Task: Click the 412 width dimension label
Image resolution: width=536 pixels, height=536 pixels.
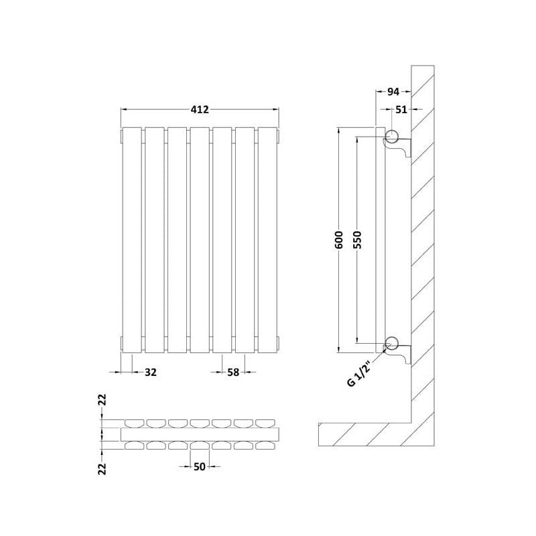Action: click(200, 109)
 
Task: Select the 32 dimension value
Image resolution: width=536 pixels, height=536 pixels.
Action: click(150, 372)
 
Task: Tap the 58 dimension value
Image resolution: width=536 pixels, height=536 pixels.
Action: click(233, 372)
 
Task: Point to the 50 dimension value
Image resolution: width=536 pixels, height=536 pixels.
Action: click(199, 466)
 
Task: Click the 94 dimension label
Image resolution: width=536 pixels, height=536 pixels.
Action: click(393, 92)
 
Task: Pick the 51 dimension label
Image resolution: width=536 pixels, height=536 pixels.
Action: click(401, 109)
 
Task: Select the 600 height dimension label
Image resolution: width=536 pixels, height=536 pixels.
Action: click(338, 240)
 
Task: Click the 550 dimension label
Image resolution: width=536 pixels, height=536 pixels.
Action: click(356, 240)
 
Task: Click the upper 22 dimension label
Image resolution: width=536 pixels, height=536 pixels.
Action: click(103, 400)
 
